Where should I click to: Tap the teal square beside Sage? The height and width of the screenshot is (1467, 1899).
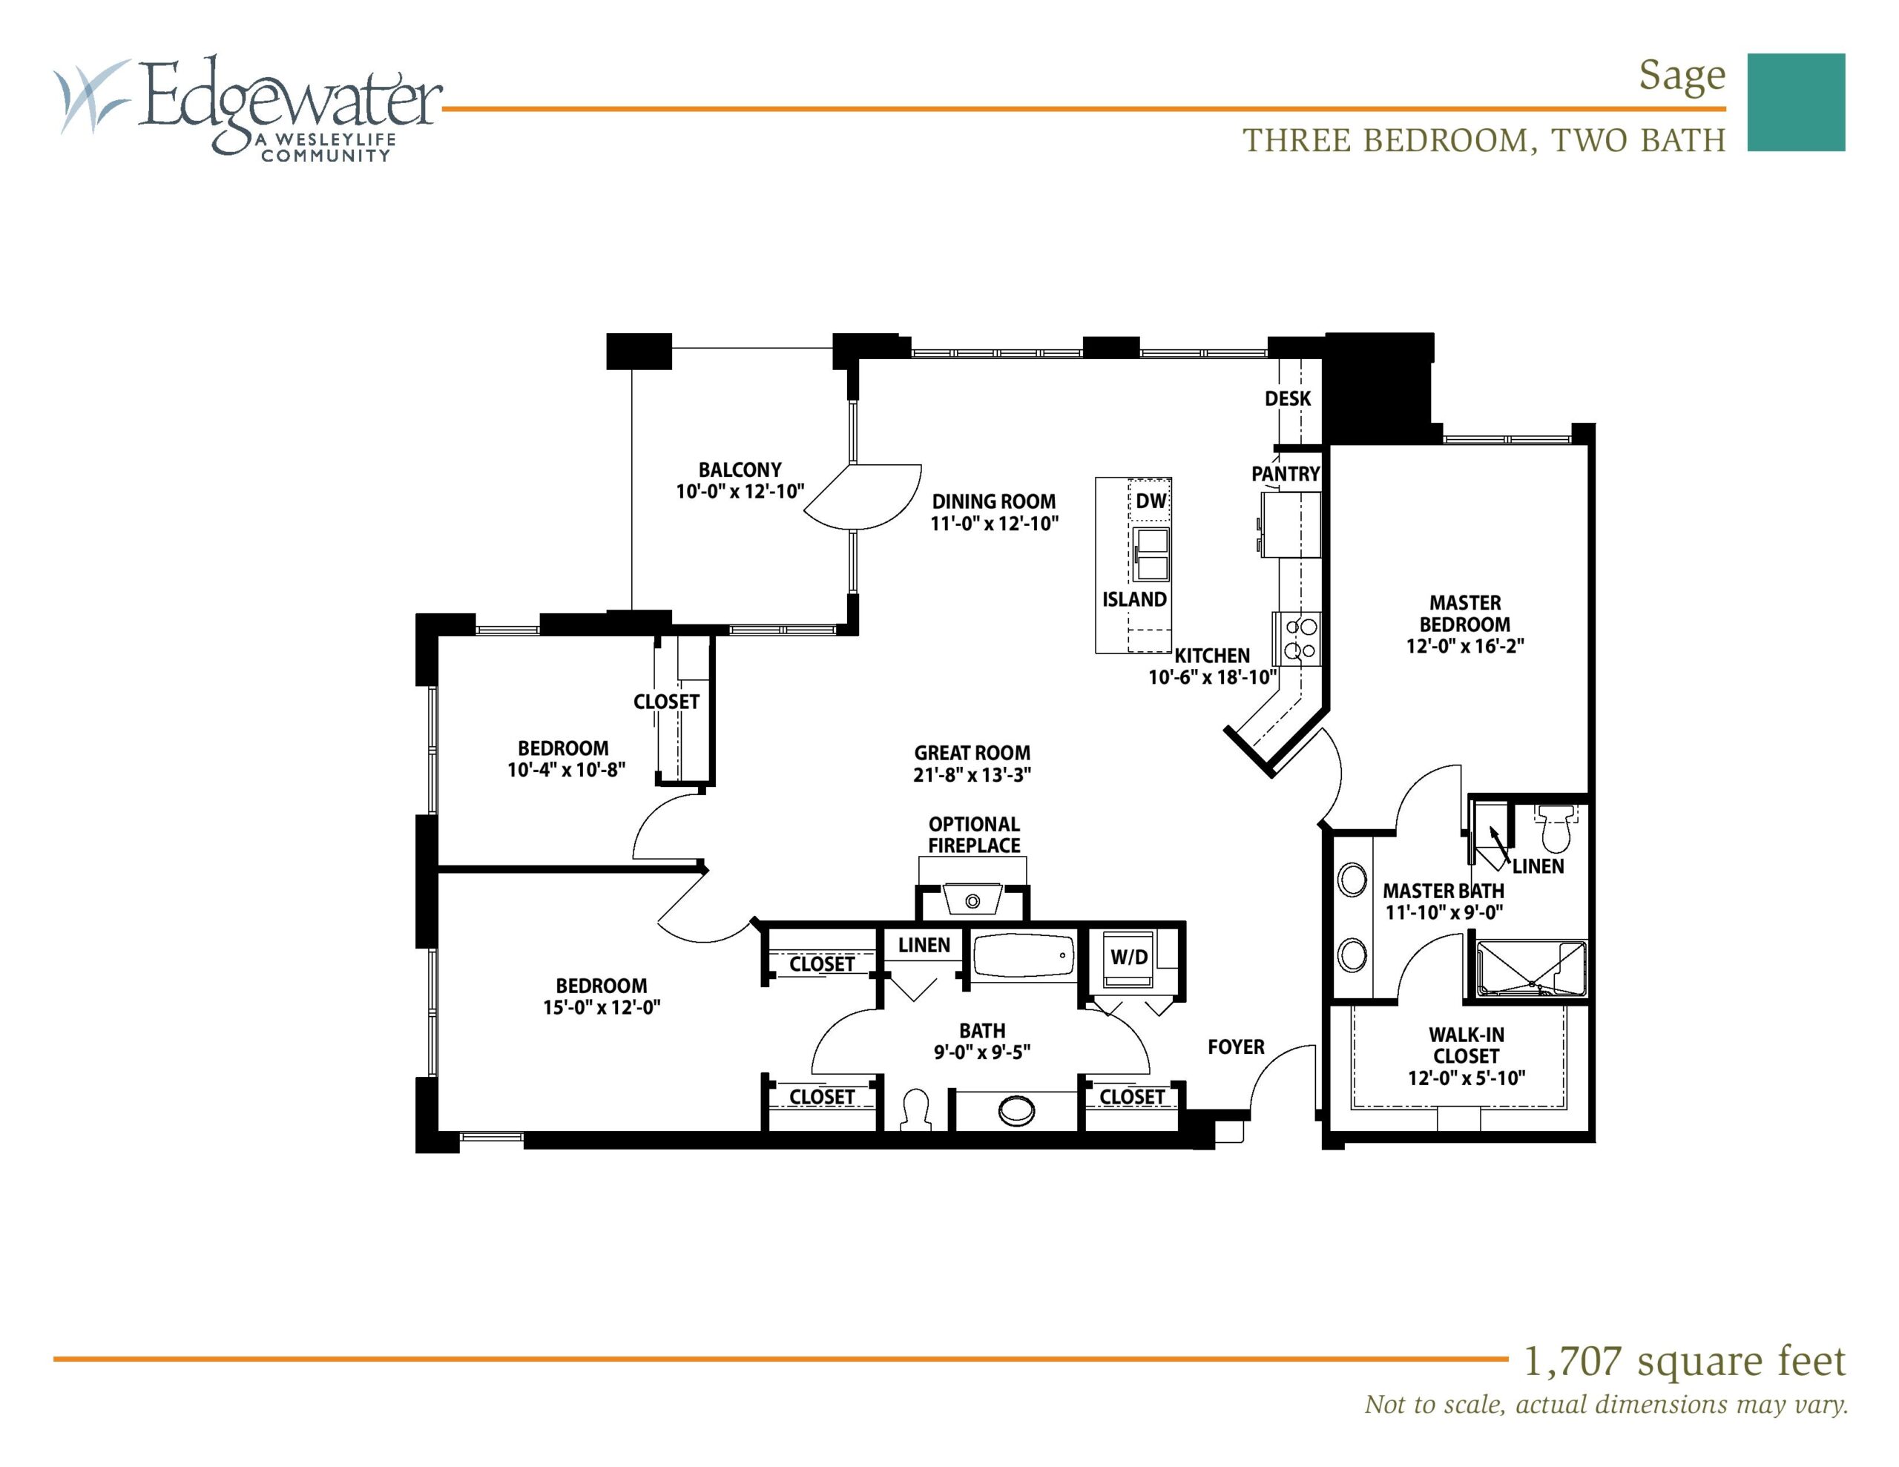(x=1797, y=102)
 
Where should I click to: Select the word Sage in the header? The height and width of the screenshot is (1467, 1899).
(x=1682, y=76)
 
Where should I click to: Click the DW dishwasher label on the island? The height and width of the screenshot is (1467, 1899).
(x=1151, y=501)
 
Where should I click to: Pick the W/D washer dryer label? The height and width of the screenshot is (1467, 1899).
(x=1128, y=957)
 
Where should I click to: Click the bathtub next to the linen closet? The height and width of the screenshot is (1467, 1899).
(x=1022, y=957)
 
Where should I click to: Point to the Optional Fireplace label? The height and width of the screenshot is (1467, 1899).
(x=974, y=835)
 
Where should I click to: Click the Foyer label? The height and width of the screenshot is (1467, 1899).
(x=1236, y=1047)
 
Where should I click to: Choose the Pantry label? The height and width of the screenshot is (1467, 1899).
(x=1285, y=474)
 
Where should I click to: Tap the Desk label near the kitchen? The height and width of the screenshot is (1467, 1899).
(x=1288, y=398)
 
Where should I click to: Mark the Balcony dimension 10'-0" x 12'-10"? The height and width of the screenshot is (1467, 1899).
(x=740, y=491)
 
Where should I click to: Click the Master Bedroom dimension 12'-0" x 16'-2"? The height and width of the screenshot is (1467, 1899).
(x=1465, y=646)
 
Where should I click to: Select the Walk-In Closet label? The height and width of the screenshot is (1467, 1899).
(x=1467, y=1045)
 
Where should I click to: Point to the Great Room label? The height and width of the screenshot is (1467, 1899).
(x=972, y=753)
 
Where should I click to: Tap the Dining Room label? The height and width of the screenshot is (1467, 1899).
(x=994, y=502)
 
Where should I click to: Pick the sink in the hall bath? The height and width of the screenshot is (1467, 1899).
(x=1016, y=1110)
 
